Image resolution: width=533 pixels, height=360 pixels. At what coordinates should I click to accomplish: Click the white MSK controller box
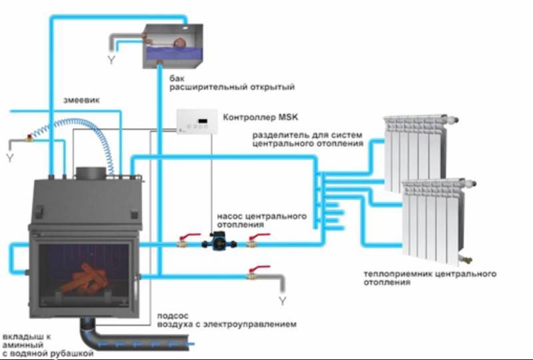click(x=197, y=121)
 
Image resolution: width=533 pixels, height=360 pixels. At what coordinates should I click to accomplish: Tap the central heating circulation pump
click(x=218, y=244)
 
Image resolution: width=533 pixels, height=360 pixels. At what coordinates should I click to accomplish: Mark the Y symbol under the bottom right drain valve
click(x=282, y=301)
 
